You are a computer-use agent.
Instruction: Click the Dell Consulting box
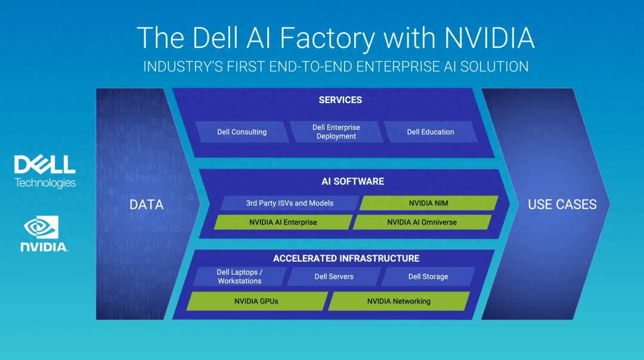coord(242,132)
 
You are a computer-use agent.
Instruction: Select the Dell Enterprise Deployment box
coord(336,132)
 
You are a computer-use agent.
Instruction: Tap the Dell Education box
coord(431,132)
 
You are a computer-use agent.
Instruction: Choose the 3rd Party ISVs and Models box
coord(290,203)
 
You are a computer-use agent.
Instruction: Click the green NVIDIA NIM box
coord(429,203)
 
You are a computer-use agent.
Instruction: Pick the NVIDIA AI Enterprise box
coord(283,222)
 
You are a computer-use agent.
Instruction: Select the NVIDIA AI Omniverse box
coord(422,222)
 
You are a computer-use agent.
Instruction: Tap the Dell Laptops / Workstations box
coord(240,277)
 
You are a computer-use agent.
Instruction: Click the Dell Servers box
coord(334,277)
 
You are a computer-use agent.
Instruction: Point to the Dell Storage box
coord(428,277)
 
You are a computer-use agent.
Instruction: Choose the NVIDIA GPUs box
coord(256,302)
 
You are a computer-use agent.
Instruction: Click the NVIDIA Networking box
coord(399,302)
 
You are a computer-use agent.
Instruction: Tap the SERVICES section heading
coord(340,100)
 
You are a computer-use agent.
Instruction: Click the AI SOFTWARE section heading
coord(353,181)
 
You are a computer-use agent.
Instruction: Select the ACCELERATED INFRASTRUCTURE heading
coord(346,258)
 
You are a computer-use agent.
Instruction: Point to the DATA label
coord(147,204)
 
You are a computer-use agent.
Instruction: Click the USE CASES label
coord(562,204)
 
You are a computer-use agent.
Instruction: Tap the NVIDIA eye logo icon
coord(41,227)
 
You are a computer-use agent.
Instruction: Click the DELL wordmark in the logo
coord(45,164)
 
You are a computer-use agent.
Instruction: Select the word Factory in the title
coord(327,38)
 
